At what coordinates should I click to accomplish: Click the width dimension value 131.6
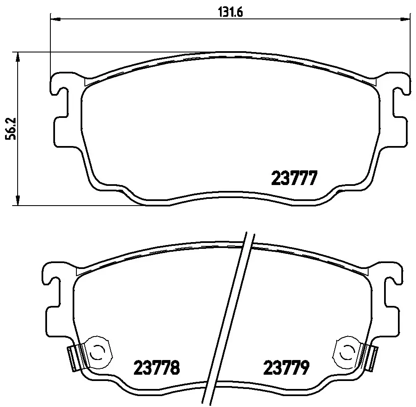click(x=230, y=12)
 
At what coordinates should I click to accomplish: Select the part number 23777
click(x=294, y=178)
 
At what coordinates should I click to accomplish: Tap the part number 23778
click(x=157, y=367)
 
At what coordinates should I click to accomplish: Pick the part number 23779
click(x=286, y=367)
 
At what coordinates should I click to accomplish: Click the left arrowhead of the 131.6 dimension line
click(x=55, y=19)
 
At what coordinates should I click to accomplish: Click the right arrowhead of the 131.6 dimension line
click(x=406, y=19)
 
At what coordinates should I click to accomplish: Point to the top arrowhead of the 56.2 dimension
click(x=18, y=57)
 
